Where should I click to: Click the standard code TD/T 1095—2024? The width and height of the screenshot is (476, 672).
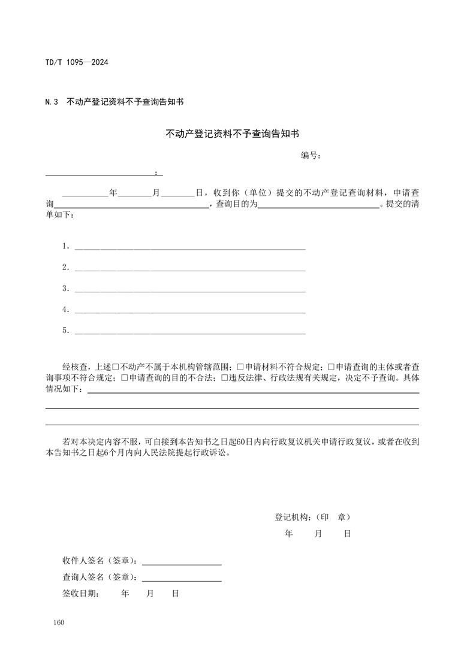coord(76,62)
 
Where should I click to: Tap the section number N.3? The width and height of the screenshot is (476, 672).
coord(52,102)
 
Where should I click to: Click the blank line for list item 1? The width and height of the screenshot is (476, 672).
coord(189,246)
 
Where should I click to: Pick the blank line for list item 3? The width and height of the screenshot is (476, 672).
coord(189,289)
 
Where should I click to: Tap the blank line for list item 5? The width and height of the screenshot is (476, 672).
coord(189,331)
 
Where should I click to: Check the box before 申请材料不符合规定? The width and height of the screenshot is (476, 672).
coord(240,366)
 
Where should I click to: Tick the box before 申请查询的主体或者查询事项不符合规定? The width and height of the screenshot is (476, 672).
coord(330,366)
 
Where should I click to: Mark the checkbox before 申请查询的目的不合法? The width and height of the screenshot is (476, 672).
coord(125,378)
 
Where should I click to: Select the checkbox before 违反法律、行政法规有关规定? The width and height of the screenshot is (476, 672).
coord(224,378)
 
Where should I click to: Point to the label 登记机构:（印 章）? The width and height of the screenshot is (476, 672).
coord(312,517)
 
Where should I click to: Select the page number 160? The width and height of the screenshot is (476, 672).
coord(58,623)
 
